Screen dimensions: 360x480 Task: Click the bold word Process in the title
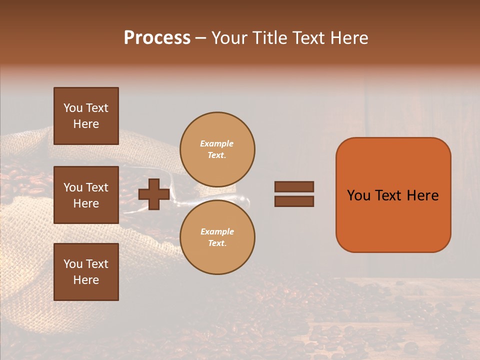pos(157,37)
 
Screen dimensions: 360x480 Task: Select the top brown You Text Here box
pos(86,116)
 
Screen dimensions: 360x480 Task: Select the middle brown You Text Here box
pos(86,195)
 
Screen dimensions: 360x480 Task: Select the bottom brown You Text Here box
pos(86,272)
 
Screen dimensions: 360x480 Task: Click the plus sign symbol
pos(154,194)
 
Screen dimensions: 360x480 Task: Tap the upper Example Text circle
pos(217,149)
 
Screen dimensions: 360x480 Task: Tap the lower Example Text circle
pos(217,237)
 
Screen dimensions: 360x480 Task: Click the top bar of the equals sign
pos(294,186)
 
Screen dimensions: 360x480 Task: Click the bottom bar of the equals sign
pos(294,201)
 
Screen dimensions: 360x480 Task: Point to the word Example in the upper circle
pos(216,143)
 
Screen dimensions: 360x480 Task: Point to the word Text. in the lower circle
pos(217,243)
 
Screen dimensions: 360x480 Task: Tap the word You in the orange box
pos(359,195)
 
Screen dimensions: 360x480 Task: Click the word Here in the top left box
pos(86,124)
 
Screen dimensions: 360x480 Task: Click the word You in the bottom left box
pos(73,264)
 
